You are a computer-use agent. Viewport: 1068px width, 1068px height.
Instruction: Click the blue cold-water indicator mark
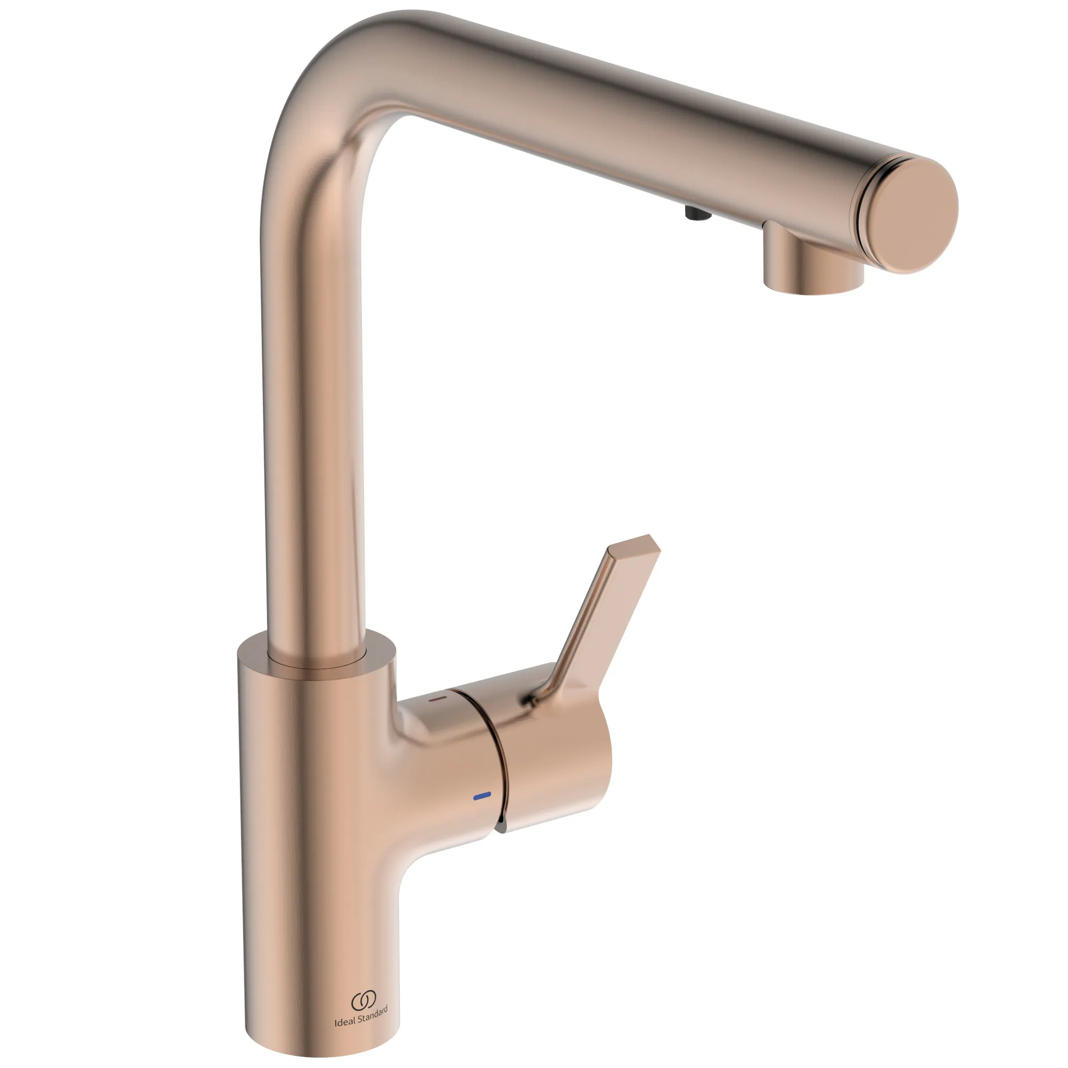(x=482, y=795)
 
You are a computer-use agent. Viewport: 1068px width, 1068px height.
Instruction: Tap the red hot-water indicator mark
(x=437, y=699)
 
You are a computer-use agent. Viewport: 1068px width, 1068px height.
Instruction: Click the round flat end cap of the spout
(x=914, y=213)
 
